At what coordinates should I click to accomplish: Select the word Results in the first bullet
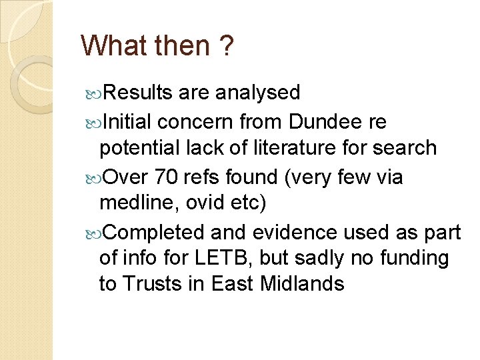(x=139, y=92)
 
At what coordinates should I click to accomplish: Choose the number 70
(x=167, y=177)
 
